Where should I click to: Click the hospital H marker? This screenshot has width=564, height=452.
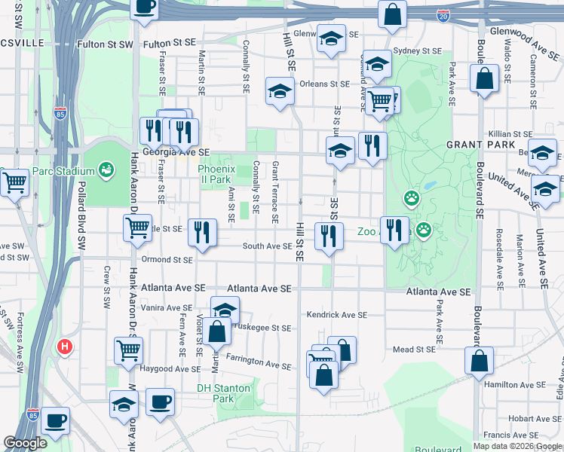(66, 347)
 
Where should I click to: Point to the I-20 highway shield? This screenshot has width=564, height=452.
(443, 15)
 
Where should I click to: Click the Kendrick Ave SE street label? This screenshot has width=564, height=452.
(336, 315)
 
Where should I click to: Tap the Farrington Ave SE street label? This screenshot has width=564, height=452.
(258, 362)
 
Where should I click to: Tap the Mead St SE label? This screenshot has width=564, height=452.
(414, 350)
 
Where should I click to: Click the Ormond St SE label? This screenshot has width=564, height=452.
(165, 260)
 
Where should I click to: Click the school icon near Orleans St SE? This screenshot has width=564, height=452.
(280, 91)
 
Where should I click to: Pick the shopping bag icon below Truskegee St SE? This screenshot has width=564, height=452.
(216, 331)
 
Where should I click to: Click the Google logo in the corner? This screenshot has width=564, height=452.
(26, 443)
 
